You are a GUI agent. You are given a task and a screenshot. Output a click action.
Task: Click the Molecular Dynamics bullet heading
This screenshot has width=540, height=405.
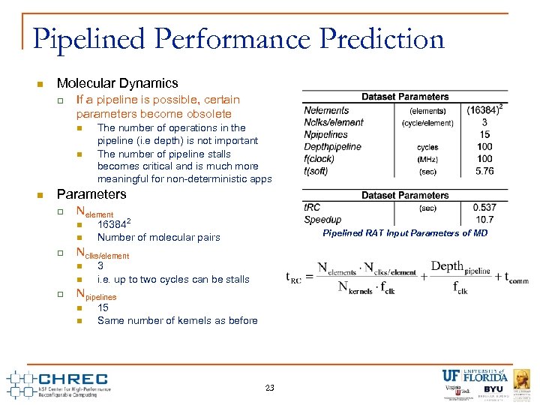(x=117, y=83)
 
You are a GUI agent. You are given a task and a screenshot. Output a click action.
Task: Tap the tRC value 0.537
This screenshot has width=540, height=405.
(x=484, y=208)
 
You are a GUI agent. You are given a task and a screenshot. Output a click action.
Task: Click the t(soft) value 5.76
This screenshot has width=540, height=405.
(x=484, y=171)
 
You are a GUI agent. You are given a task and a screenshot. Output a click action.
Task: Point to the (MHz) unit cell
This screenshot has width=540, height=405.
(x=427, y=159)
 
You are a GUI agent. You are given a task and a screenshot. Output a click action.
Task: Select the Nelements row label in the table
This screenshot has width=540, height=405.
(x=326, y=110)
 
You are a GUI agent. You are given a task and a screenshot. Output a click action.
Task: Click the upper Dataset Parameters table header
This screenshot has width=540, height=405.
(x=405, y=97)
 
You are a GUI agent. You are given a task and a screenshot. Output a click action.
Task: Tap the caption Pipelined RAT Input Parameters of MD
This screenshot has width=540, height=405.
(x=405, y=233)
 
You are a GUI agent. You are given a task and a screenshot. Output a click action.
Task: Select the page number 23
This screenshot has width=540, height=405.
(x=269, y=388)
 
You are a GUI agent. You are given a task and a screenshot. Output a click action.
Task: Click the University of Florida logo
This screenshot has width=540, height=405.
(x=474, y=376)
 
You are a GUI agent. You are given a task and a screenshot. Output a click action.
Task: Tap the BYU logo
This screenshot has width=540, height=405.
(x=493, y=390)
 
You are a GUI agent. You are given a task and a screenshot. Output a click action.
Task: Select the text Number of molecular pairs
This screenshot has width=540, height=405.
(x=158, y=238)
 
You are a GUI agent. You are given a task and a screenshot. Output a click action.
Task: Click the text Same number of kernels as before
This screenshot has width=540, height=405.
(x=177, y=321)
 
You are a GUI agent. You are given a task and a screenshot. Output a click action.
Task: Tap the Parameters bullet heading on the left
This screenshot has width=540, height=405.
(x=91, y=194)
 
